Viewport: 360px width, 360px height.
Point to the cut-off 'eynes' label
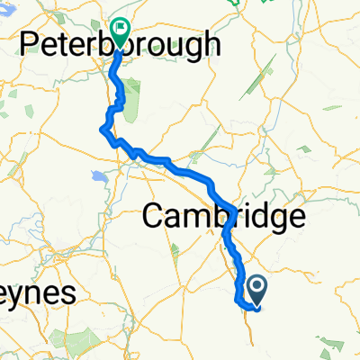37,293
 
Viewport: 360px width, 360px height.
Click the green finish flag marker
119,32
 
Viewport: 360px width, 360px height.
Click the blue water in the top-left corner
7,4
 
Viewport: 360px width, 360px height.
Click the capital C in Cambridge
156,217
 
